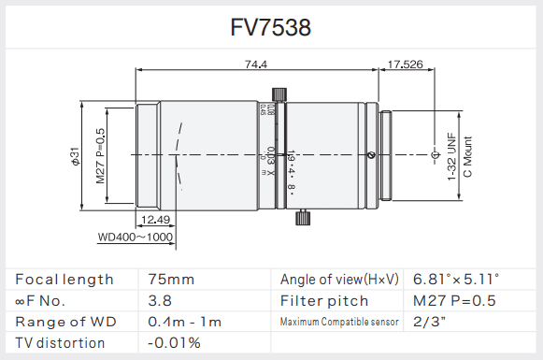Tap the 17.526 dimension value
[404, 65]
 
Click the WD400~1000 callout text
[136, 238]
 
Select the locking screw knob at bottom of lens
[302, 218]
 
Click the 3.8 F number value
[160, 301]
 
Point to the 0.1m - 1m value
[184, 323]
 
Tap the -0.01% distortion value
[174, 343]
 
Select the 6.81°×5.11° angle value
[456, 280]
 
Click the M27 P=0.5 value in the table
[454, 301]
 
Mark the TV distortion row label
[61, 343]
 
